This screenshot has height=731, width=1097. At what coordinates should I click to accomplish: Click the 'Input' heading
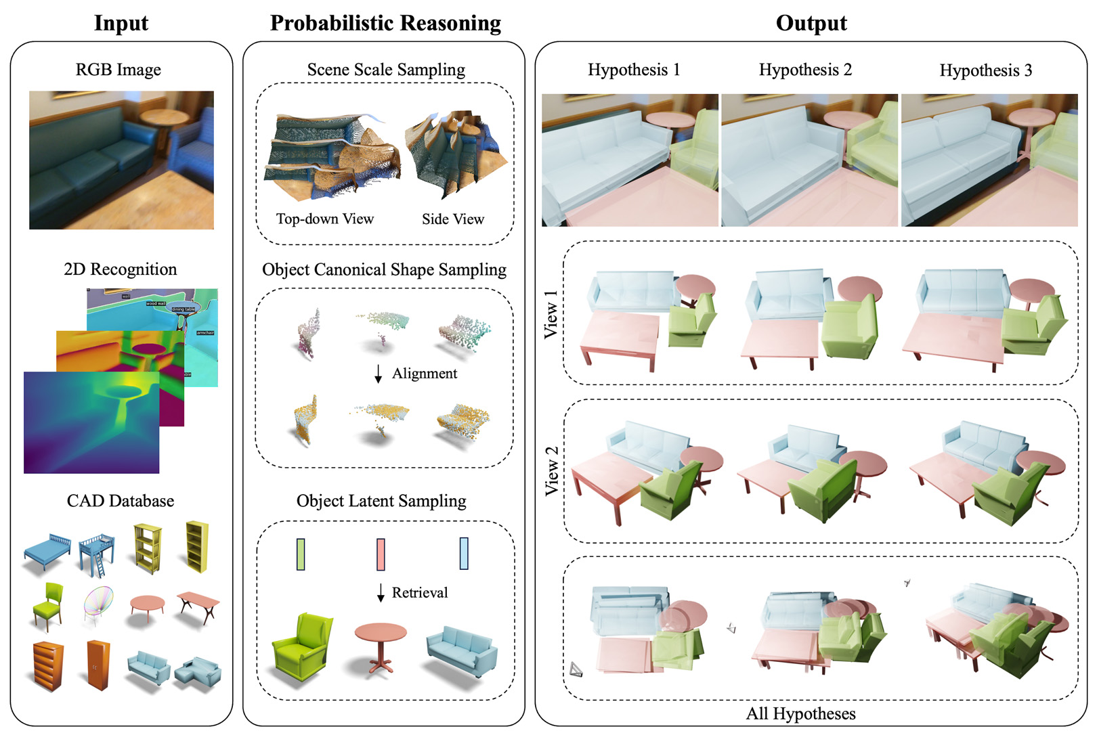[x=121, y=23]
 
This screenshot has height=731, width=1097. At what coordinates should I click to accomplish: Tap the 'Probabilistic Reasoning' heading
[x=385, y=23]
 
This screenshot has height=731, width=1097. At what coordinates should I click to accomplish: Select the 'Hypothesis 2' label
[x=805, y=70]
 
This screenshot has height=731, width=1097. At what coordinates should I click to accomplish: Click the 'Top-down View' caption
[x=324, y=219]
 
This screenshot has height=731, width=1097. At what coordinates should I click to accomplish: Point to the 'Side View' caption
[x=452, y=219]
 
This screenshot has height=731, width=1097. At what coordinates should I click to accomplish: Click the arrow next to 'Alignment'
[x=379, y=374]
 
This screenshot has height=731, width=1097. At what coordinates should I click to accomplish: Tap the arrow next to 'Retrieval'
[x=381, y=593]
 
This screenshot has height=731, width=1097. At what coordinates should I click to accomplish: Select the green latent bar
[x=301, y=554]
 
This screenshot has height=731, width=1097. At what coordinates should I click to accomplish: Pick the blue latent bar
[x=464, y=554]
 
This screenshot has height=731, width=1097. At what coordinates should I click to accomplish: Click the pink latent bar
[x=381, y=554]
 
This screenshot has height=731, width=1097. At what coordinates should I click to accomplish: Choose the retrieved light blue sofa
[x=462, y=650]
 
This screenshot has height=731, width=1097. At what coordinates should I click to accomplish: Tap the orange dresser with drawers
[x=48, y=666]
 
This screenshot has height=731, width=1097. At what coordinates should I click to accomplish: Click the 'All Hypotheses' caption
[x=800, y=714]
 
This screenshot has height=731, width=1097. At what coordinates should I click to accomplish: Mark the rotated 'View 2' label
[x=552, y=470]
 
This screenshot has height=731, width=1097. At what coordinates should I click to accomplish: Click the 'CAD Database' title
[x=121, y=501]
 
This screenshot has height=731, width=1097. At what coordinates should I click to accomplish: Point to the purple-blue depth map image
[x=91, y=422]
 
